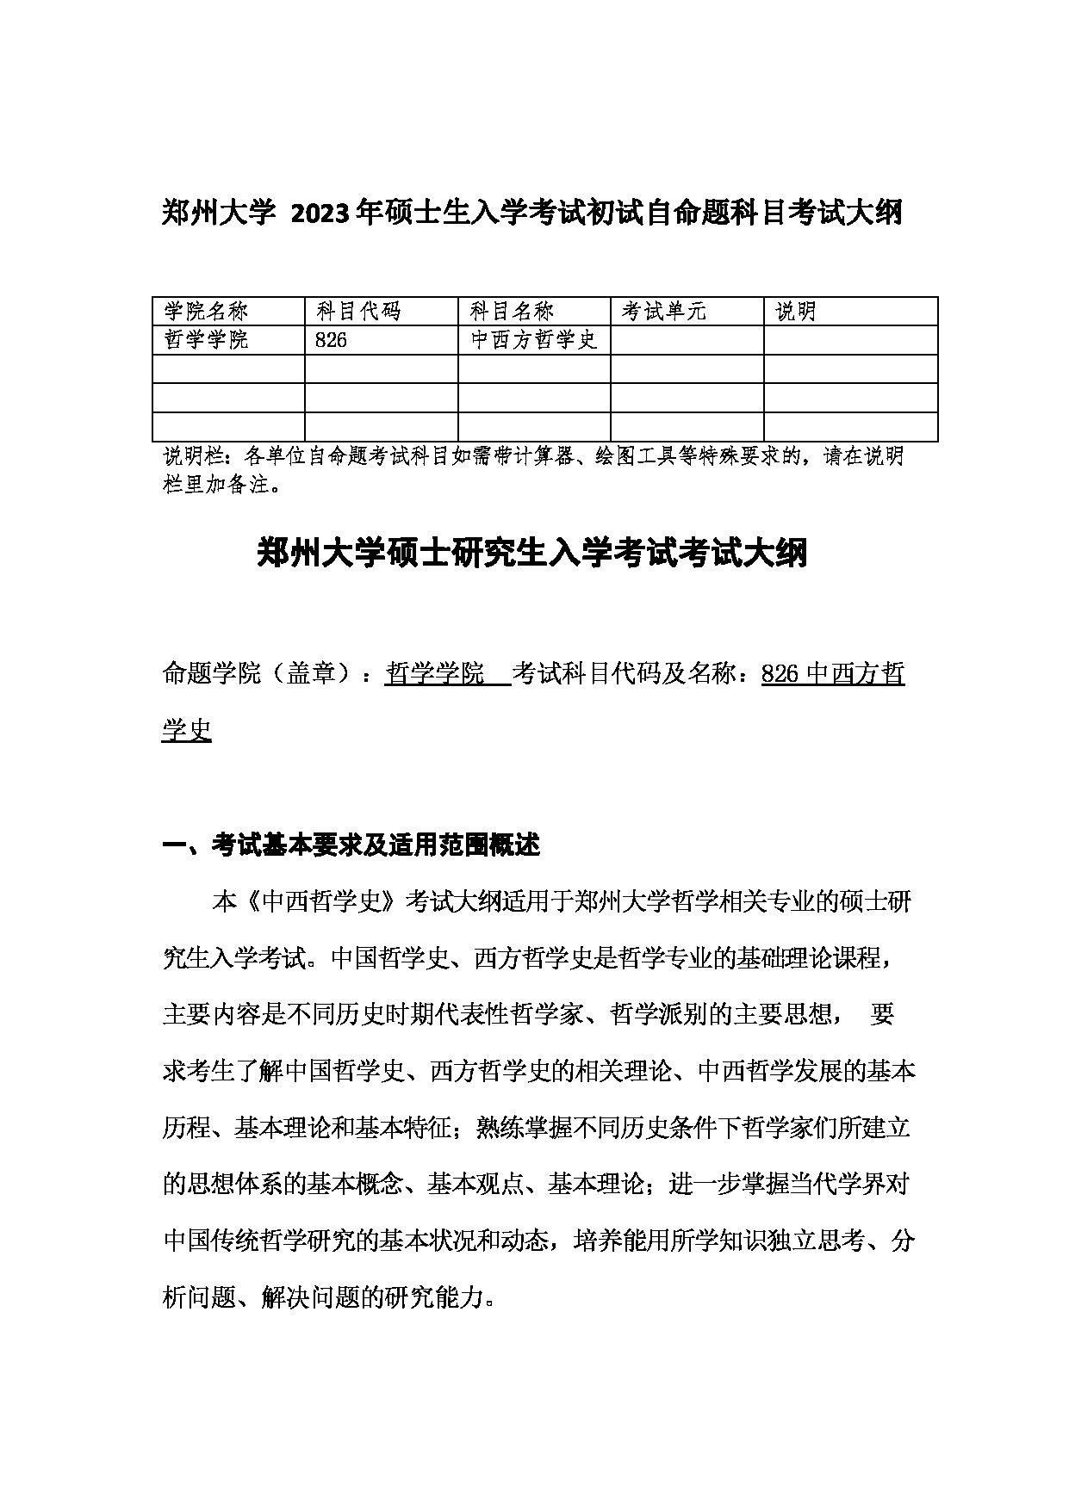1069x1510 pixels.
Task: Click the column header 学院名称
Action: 206,312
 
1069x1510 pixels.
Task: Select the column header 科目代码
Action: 358,312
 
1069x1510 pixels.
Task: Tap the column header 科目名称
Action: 512,312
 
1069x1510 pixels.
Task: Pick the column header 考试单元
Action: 664,312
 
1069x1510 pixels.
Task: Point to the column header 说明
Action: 796,312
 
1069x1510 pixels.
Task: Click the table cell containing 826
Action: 332,340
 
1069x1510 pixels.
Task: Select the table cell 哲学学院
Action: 206,340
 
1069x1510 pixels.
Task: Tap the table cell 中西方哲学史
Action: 534,340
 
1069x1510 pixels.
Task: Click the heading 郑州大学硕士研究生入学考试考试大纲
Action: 532,554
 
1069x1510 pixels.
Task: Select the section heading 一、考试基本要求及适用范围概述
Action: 351,845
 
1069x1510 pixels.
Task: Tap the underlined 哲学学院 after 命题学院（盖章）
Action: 435,673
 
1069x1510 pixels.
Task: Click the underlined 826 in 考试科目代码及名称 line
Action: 781,673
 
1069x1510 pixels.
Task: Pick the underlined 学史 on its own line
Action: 187,730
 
